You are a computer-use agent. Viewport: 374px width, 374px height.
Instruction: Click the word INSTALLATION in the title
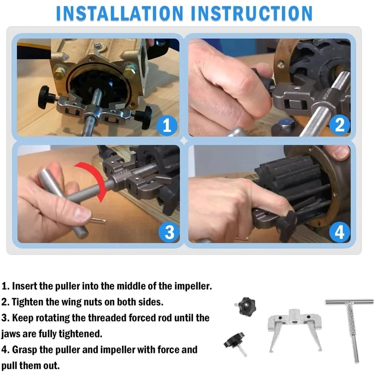[x=120, y=14]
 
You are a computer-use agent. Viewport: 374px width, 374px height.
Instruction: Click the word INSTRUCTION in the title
[x=252, y=14]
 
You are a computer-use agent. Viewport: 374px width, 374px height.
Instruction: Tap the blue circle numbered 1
[x=167, y=125]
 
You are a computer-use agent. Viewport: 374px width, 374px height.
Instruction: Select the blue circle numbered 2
[x=340, y=125]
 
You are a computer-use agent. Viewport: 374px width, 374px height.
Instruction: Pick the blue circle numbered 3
[x=169, y=232]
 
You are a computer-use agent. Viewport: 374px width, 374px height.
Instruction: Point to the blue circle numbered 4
[x=340, y=232]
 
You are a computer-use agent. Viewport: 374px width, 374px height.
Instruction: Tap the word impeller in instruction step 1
[x=193, y=286]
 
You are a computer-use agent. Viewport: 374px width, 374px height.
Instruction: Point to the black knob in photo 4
[x=288, y=225]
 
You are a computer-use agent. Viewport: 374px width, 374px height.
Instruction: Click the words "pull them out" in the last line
[x=30, y=366]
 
